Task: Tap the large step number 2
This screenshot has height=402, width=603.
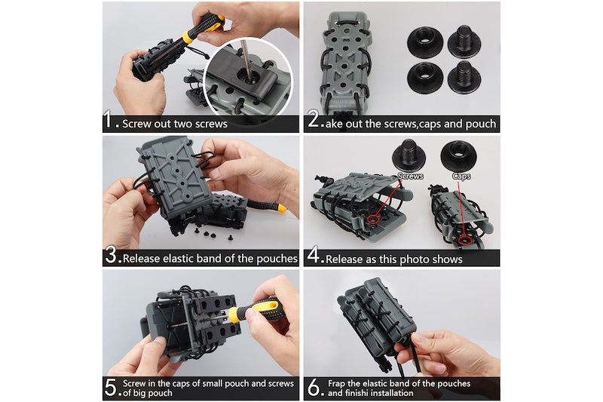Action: coord(314,119)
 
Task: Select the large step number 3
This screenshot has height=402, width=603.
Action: coord(111,255)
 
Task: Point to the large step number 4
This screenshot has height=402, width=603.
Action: coord(314,255)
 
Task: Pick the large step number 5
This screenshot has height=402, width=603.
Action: coord(111,388)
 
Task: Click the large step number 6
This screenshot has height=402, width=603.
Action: coord(314,388)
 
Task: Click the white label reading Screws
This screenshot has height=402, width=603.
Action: coord(410,176)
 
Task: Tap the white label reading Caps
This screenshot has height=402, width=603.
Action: coord(461,176)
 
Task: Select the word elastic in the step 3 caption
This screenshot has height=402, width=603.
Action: coord(179,258)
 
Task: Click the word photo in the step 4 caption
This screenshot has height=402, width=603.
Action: coord(418,259)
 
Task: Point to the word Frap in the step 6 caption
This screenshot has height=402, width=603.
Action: coord(336,384)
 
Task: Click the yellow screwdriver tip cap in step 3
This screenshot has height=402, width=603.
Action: coord(281,208)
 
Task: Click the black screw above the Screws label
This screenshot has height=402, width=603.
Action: coord(409,155)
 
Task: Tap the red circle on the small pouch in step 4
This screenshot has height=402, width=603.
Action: coord(465,240)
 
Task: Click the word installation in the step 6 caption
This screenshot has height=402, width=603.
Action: coord(390,393)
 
